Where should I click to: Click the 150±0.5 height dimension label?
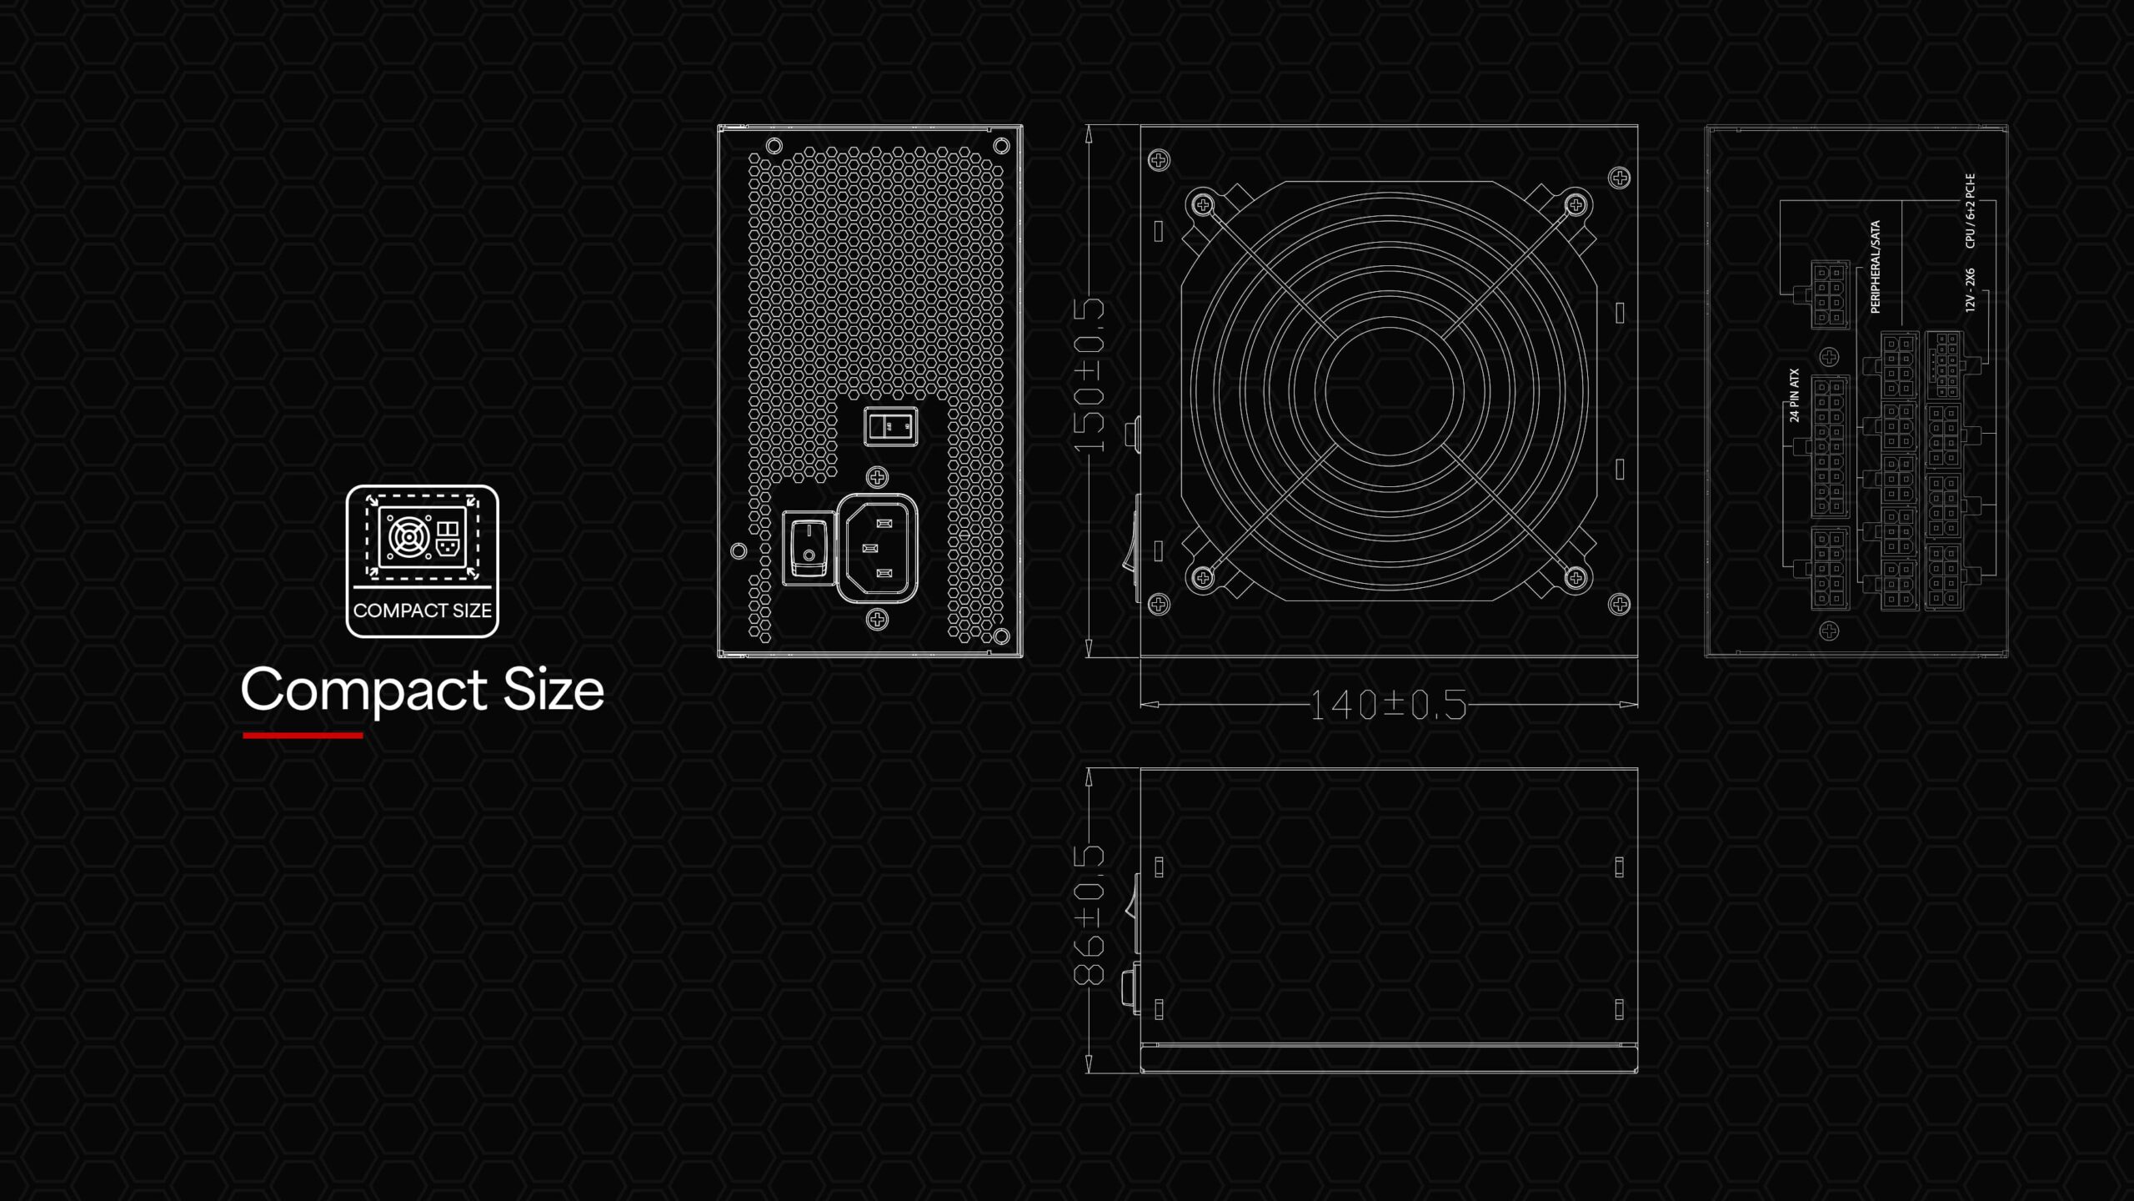pos(1090,375)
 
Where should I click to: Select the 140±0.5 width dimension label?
pos(1388,706)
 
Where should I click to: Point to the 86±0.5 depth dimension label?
pos(1090,915)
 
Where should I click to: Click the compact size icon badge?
pos(423,561)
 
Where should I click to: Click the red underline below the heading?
pos(303,736)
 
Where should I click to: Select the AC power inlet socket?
pos(878,548)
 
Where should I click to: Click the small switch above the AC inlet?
pos(890,426)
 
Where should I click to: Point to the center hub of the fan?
pos(1389,390)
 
